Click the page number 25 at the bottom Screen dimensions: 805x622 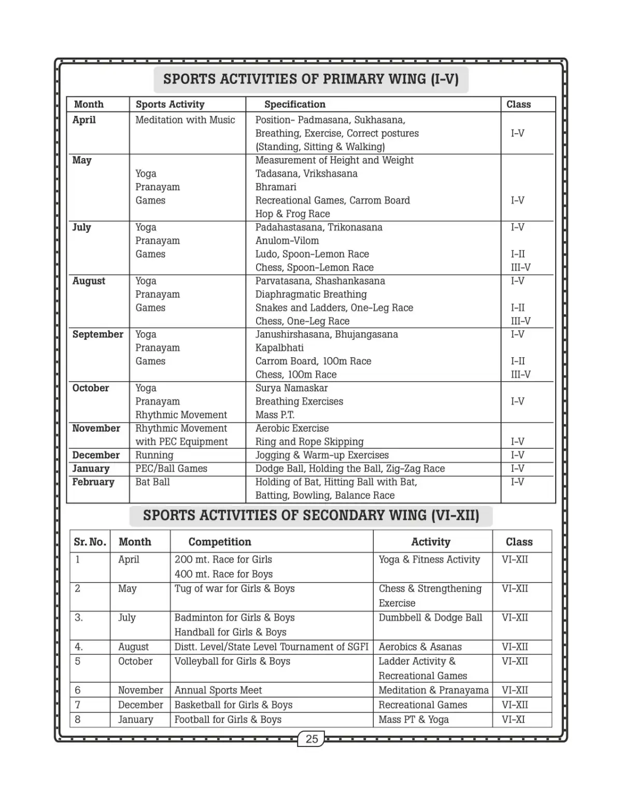tap(312, 739)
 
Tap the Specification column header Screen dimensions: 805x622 tap(294, 104)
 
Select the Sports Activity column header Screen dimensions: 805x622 tap(170, 104)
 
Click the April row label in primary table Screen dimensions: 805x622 tap(84, 120)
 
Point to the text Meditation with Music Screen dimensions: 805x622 tap(185, 120)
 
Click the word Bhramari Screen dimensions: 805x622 tap(276, 187)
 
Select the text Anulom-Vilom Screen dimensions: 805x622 tap(287, 241)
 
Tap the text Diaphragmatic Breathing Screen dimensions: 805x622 tap(311, 294)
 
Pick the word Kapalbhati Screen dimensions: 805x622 tap(279, 347)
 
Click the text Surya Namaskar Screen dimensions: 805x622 tap(291, 388)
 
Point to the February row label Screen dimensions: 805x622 tap(93, 482)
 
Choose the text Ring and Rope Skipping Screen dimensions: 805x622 tap(309, 442)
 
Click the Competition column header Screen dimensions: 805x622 tap(220, 542)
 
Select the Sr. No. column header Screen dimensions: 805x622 tap(90, 542)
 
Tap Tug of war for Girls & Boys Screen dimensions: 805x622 tap(234, 588)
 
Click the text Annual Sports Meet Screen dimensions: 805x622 tap(218, 690)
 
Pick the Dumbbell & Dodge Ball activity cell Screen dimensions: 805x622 tap(430, 617)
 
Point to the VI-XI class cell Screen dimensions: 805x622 tap(513, 719)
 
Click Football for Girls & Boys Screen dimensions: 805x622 tap(228, 719)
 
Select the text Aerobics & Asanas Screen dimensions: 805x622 tap(420, 646)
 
